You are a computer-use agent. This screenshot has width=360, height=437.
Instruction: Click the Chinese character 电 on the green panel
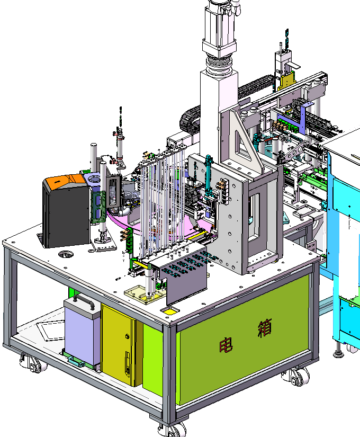click(x=226, y=345)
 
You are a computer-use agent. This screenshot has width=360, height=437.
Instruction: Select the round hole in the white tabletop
click(x=66, y=254)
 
